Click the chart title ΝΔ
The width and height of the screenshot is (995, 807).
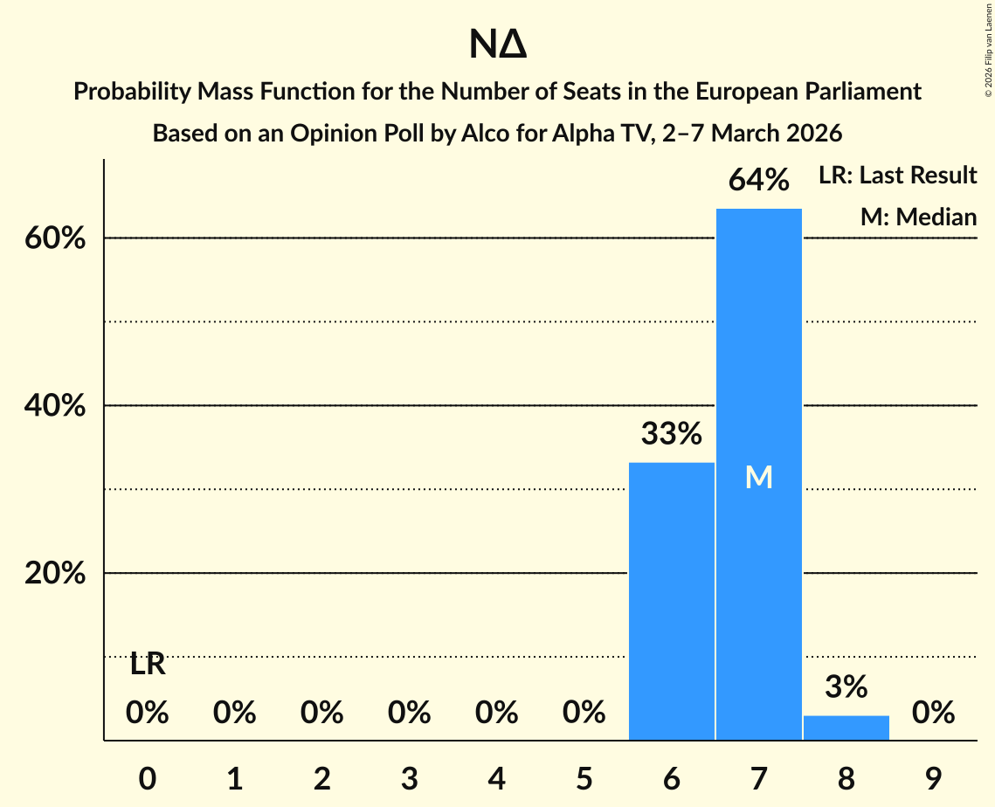497,45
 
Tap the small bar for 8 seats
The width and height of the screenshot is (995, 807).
846,728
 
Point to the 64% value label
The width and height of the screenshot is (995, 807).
759,181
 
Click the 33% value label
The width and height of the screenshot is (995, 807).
672,434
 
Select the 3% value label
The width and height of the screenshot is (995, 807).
846,687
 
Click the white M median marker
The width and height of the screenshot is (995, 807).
759,477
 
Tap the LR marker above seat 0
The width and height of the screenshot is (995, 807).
148,666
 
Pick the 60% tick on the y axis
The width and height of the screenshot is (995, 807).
55,238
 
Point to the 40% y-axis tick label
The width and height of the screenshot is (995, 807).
55,406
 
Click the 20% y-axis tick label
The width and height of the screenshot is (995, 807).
55,574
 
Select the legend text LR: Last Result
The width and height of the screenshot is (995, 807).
897,176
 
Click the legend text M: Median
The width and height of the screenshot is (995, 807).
918,217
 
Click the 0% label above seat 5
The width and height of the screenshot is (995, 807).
584,714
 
